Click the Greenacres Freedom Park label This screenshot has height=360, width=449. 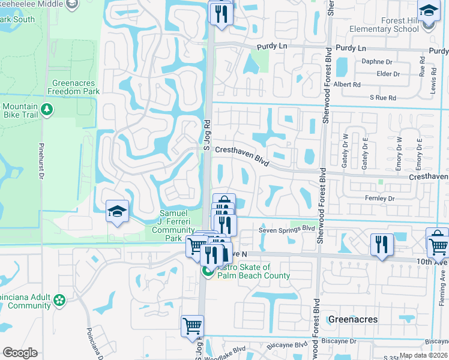pos(76,87)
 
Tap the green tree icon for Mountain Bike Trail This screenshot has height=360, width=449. pos(47,110)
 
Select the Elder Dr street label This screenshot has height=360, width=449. pos(388,74)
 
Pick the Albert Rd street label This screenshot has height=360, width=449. pos(348,85)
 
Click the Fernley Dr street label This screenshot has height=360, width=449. pos(379,198)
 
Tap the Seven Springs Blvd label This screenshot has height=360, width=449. pos(287,229)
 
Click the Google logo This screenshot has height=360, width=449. pos(20,353)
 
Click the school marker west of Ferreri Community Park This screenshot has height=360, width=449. pos(117,211)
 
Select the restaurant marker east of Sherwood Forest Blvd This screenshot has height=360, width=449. pos(382,244)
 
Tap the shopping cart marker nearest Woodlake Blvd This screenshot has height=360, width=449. pos(192,326)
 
